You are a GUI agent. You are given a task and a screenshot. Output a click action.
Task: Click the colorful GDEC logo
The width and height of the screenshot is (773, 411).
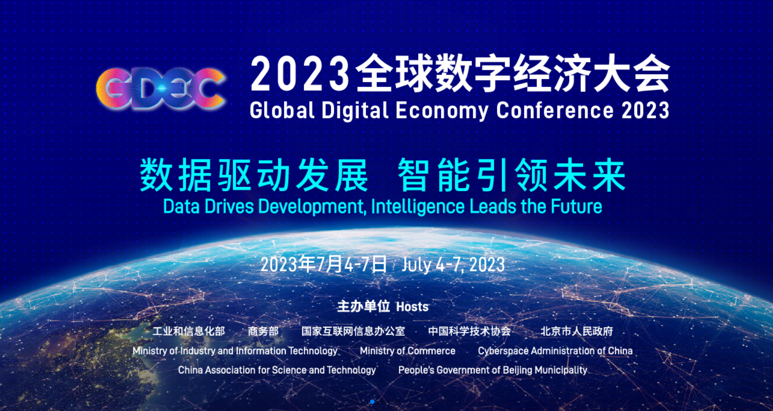[160, 88]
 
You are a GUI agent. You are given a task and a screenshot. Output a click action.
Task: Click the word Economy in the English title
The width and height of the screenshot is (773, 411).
[442, 111]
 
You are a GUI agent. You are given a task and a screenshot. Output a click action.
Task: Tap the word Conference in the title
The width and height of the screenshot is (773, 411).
[555, 110]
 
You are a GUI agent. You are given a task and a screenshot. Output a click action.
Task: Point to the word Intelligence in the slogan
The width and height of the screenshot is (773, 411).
[418, 207]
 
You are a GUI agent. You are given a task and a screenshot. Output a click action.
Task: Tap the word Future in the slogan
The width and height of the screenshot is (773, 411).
[576, 206]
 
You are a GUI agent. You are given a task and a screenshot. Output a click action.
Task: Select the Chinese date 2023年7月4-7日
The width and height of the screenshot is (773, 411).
[324, 264]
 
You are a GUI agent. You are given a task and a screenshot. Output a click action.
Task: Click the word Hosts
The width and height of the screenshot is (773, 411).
[412, 307]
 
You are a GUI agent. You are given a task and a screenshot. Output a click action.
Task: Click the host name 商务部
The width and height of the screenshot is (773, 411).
[263, 331]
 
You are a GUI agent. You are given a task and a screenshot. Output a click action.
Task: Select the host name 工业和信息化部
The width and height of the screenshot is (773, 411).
[189, 331]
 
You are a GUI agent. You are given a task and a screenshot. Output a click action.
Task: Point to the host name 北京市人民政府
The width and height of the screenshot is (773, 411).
[577, 331]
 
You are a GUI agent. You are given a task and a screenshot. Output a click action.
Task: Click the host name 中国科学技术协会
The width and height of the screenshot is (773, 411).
[470, 331]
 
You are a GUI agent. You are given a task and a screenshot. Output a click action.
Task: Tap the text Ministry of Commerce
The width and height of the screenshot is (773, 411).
[408, 351]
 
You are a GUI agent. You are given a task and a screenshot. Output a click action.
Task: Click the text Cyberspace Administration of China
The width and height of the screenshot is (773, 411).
[555, 351]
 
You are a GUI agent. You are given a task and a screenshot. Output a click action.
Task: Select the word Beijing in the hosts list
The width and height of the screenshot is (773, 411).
[516, 370]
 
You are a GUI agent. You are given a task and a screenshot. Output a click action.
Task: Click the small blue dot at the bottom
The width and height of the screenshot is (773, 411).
[372, 402]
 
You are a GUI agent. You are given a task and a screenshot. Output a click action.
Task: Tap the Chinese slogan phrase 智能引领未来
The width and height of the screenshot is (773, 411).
[512, 175]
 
